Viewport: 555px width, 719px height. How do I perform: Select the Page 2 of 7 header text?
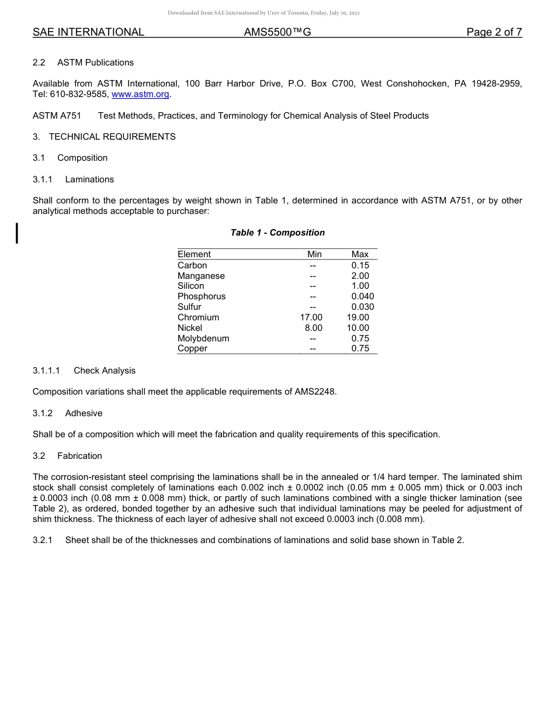point(494,32)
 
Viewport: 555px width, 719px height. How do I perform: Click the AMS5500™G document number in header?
point(277,32)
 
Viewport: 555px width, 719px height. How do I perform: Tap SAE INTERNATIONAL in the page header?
point(88,32)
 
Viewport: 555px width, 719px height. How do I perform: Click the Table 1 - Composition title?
point(277,233)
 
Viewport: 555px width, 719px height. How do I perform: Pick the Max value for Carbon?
point(360,265)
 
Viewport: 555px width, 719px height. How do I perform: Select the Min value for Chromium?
point(311,317)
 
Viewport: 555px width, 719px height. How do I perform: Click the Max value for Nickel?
point(358,328)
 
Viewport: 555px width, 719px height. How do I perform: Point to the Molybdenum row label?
point(203,338)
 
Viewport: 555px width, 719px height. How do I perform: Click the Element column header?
point(194,254)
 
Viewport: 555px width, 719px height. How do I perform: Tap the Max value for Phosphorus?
point(362,296)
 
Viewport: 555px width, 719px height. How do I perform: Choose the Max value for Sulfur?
point(362,307)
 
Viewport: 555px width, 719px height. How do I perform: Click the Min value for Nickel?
point(313,328)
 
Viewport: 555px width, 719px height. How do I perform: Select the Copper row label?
point(192,348)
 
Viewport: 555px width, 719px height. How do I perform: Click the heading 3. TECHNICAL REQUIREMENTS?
point(104,137)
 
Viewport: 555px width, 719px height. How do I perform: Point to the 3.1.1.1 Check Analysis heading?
point(84,371)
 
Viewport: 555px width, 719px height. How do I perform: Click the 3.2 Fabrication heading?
point(67,456)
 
